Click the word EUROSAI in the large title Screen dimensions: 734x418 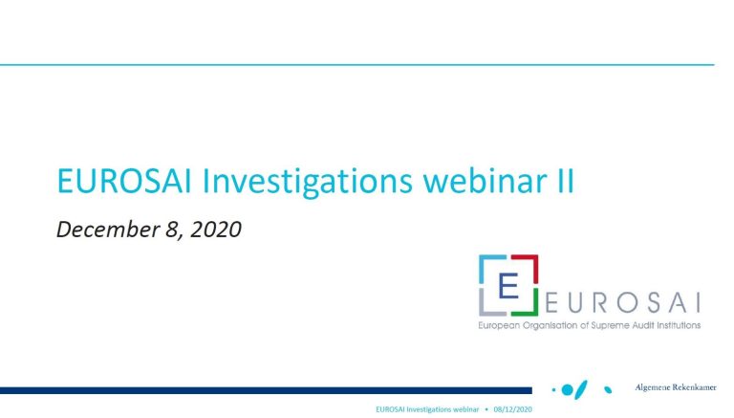point(124,181)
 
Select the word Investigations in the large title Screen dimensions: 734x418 point(307,182)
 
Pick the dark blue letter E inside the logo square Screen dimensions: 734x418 point(508,285)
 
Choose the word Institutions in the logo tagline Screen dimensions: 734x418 point(678,325)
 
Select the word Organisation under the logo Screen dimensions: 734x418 point(550,325)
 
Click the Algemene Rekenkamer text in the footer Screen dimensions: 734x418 point(676,387)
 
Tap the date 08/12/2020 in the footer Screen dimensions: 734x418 point(512,409)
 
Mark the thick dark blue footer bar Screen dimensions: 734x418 point(266,390)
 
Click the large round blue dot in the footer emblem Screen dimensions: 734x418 point(568,390)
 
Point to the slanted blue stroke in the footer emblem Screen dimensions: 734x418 point(581,389)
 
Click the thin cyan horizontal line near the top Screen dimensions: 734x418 point(357,65)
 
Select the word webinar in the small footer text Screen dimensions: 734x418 point(465,409)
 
